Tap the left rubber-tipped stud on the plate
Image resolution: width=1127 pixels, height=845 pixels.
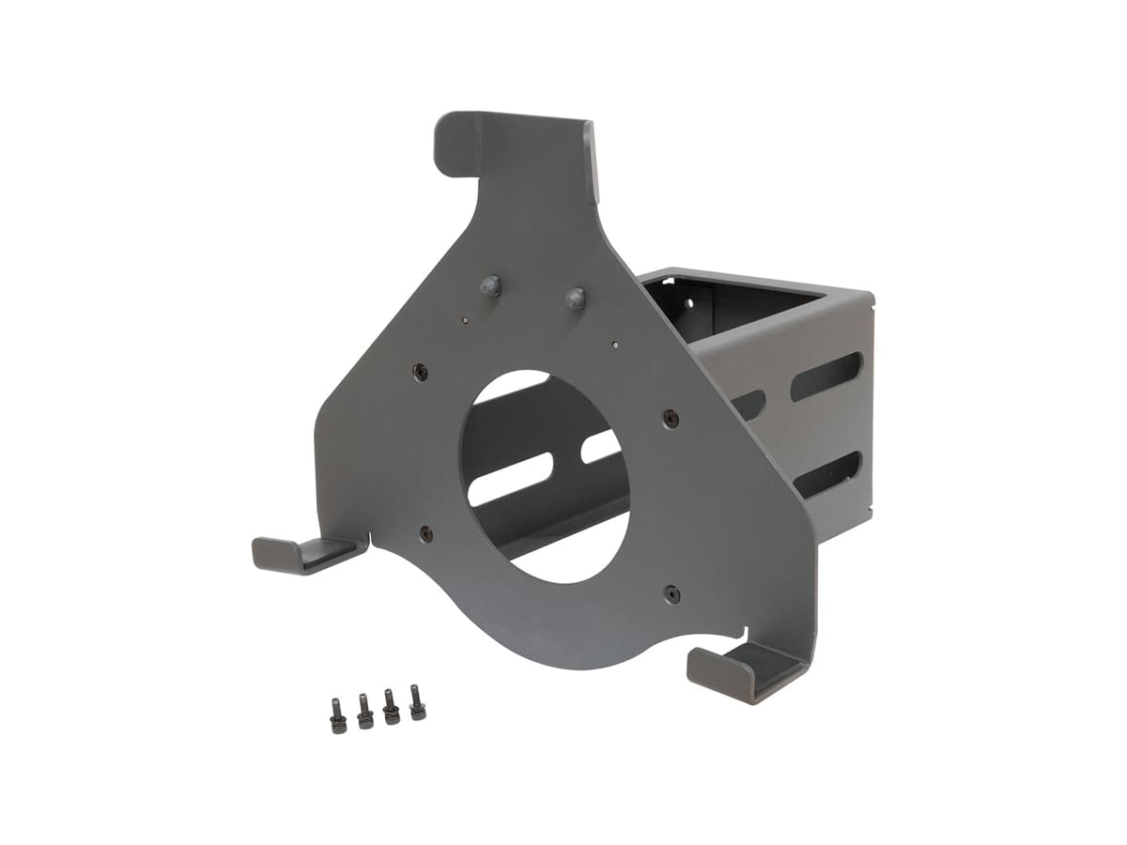tap(490, 286)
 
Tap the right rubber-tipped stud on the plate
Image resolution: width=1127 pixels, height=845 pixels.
tap(575, 299)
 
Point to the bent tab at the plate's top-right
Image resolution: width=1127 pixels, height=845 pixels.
tap(590, 161)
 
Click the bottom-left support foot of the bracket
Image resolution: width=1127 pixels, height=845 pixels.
tap(305, 554)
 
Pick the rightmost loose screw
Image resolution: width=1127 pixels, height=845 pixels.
tap(417, 702)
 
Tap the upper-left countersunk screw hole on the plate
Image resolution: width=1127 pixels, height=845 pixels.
tap(421, 372)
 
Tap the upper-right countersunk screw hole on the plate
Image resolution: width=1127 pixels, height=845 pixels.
tap(671, 418)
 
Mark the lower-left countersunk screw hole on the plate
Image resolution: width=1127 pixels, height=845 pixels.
tap(425, 533)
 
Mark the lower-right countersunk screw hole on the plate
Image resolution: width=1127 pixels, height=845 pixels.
tap(672, 593)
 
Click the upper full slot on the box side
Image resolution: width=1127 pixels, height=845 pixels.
tap(826, 376)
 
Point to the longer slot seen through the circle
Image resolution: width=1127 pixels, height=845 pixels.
tap(510, 479)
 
